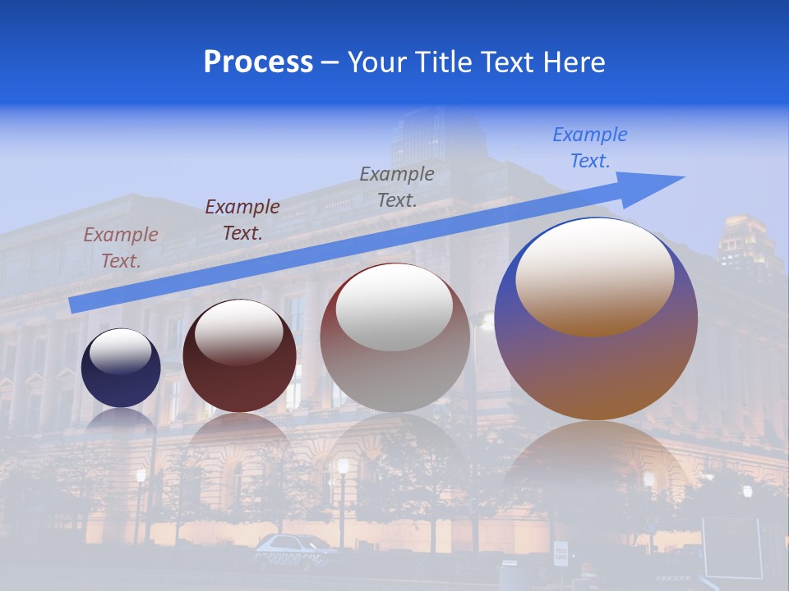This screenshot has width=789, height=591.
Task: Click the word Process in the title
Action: coord(258,62)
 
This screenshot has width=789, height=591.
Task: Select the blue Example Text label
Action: coord(590,148)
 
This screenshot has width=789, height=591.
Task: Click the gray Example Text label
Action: coord(397,186)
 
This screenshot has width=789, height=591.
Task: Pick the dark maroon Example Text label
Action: coord(242,219)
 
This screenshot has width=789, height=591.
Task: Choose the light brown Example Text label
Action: coord(121,247)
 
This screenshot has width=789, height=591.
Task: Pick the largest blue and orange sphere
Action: coord(596,361)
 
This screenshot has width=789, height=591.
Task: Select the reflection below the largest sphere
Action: coord(596,468)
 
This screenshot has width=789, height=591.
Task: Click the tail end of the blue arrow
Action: coord(76,305)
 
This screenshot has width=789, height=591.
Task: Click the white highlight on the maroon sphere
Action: coord(239,331)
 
